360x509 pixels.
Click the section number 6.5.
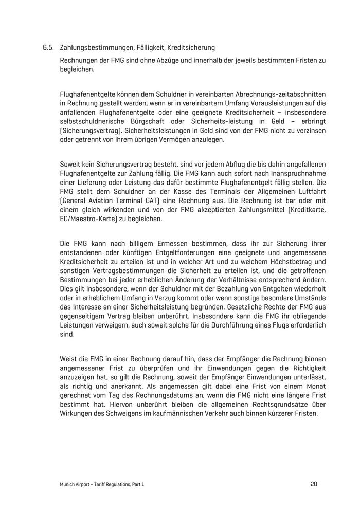coord(48,48)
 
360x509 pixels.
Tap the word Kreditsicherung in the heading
coord(189,48)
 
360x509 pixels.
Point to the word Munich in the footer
coord(67,484)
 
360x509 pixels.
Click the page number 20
coord(314,483)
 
